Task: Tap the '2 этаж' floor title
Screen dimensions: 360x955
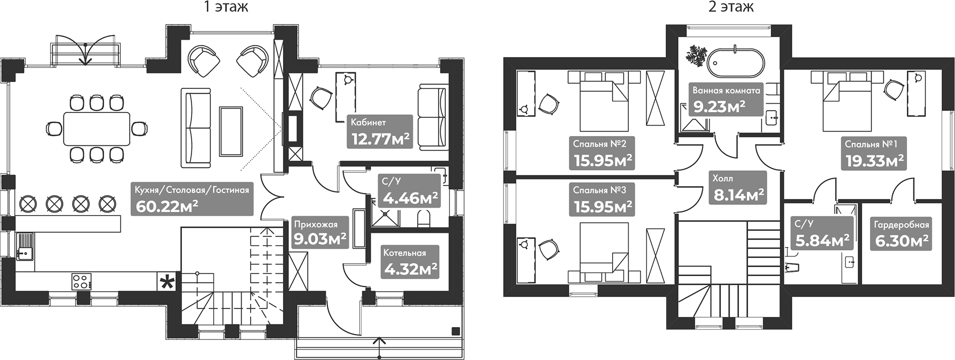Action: click(x=730, y=7)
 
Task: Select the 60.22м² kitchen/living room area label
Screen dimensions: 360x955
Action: click(x=192, y=199)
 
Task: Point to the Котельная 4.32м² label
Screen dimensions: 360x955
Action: click(x=410, y=262)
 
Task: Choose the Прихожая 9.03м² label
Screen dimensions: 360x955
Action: click(x=320, y=233)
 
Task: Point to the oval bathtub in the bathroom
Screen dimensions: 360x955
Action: click(x=735, y=62)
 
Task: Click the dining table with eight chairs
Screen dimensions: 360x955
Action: click(x=96, y=129)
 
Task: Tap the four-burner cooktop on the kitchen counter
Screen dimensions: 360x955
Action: click(x=82, y=281)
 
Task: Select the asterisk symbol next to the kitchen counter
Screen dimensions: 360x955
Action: click(x=168, y=282)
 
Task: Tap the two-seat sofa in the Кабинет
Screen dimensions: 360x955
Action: click(x=432, y=117)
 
